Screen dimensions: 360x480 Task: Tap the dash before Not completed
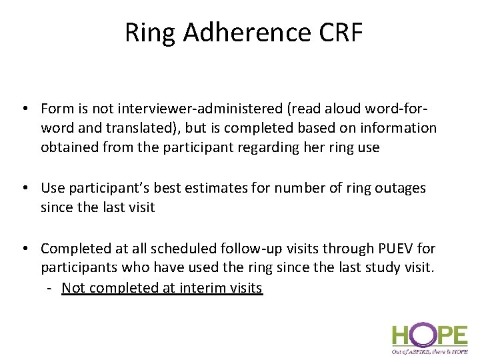click(50, 288)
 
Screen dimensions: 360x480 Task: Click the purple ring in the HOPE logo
click(419, 333)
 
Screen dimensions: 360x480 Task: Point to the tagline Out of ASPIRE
click(429, 351)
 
